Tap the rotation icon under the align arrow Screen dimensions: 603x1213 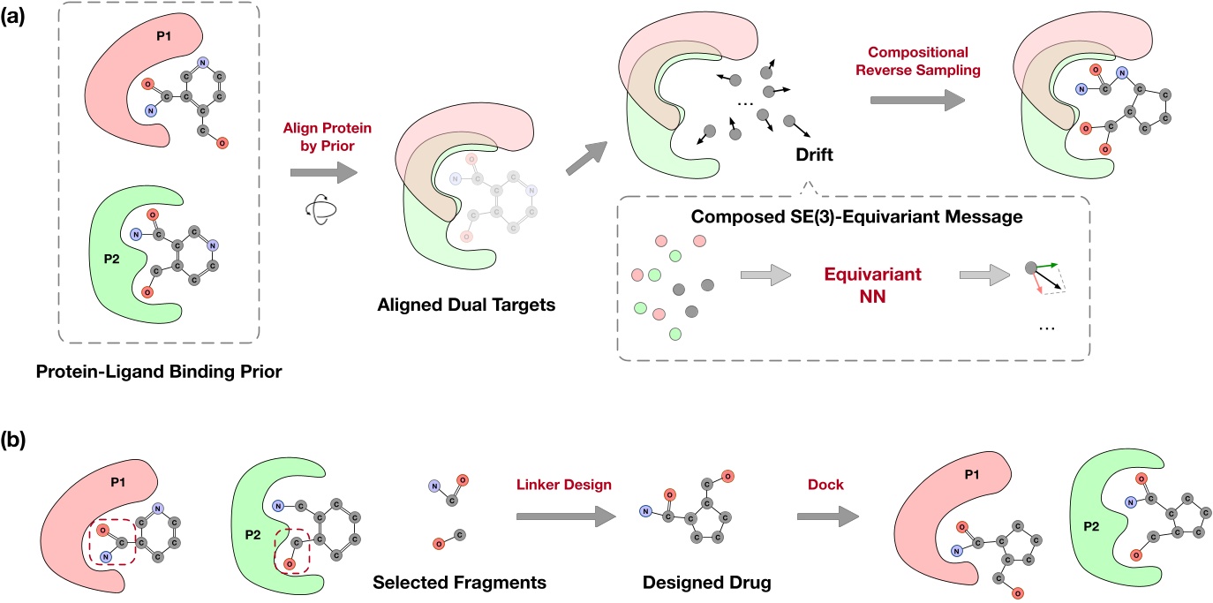(314, 212)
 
